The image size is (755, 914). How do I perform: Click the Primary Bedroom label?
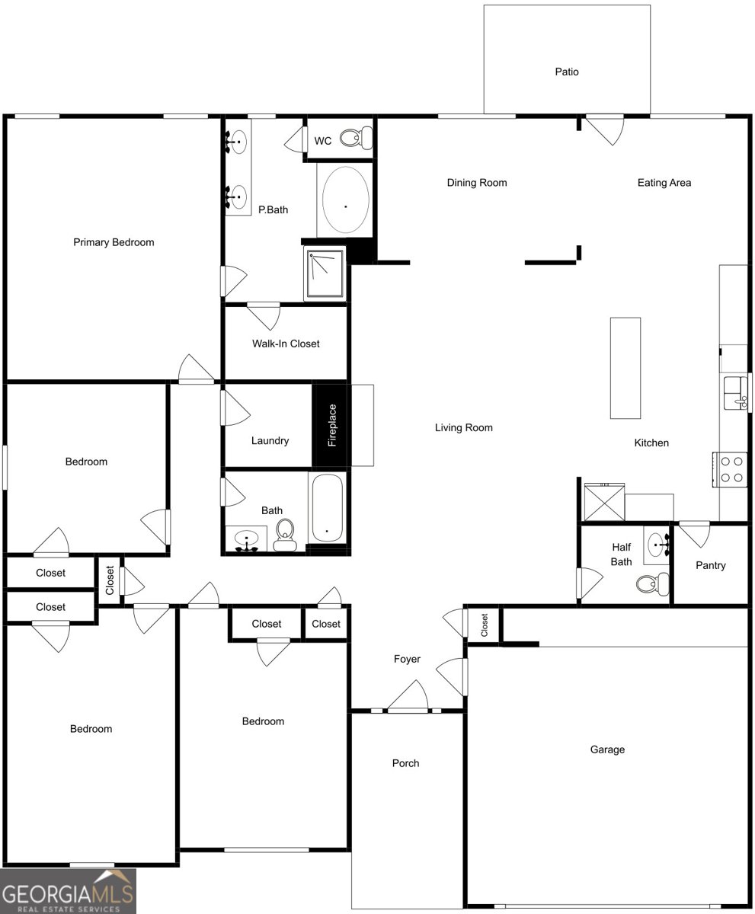pos(114,242)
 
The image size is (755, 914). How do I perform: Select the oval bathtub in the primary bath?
pos(345,200)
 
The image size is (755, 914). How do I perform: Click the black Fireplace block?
pos(331,425)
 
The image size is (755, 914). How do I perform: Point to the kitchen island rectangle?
pos(625,368)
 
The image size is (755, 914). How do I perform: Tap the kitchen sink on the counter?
pos(735,392)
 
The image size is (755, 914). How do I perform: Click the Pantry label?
pos(710,565)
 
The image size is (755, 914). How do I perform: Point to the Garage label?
pos(607,749)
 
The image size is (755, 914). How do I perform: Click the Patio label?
pos(566,72)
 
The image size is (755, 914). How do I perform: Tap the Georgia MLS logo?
pos(68,891)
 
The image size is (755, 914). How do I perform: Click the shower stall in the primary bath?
pos(325,273)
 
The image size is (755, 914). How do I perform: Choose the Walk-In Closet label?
pos(286,344)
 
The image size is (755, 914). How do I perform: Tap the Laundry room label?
pos(270,440)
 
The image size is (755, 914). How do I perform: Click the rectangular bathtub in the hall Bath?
pos(327,508)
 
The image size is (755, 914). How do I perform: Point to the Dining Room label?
pos(476,183)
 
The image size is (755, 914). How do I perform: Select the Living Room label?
pos(463,427)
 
